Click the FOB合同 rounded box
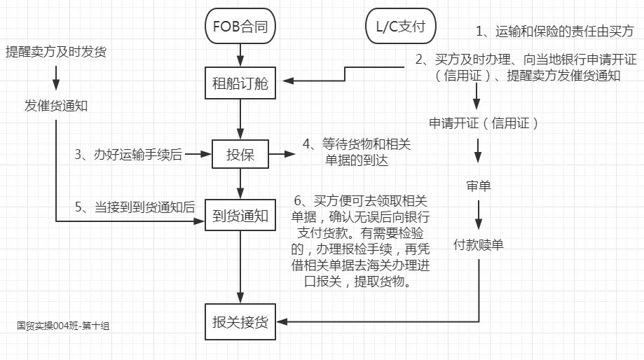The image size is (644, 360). (x=240, y=27)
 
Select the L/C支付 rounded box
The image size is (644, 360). (x=401, y=27)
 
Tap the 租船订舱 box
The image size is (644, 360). (x=240, y=83)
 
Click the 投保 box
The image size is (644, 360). (x=240, y=155)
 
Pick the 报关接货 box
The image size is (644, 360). (x=240, y=321)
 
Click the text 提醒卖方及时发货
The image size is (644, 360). (x=56, y=52)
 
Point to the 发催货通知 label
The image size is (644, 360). (x=56, y=106)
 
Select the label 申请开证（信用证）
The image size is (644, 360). (x=484, y=123)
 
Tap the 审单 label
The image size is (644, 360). (x=479, y=186)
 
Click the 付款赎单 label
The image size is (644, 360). (x=479, y=245)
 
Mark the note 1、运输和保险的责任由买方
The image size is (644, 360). (x=554, y=31)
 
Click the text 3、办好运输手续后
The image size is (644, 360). (x=129, y=155)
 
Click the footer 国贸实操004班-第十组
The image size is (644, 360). (x=64, y=326)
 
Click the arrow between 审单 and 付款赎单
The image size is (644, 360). (x=479, y=215)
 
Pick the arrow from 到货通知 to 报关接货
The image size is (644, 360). (x=240, y=266)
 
